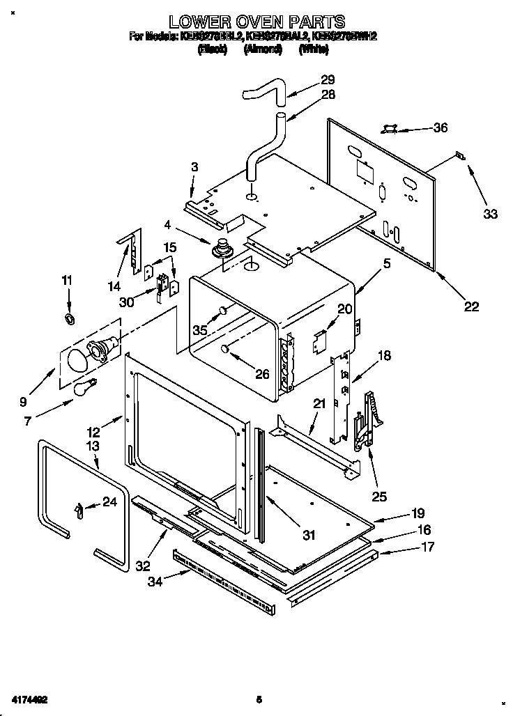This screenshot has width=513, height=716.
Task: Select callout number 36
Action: [440, 127]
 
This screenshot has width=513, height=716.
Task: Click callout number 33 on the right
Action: [490, 214]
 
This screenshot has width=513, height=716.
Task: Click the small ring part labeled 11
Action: [69, 319]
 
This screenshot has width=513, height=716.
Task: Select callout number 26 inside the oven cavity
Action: [261, 374]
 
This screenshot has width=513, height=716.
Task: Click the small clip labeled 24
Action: [78, 511]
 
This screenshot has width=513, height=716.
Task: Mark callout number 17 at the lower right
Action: [427, 547]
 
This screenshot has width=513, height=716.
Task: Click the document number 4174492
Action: [29, 698]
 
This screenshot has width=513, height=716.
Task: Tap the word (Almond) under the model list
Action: [263, 49]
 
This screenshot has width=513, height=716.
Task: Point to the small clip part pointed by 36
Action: [390, 129]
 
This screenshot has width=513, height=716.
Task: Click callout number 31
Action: [308, 535]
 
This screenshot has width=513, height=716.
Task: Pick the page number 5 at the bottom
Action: [258, 699]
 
